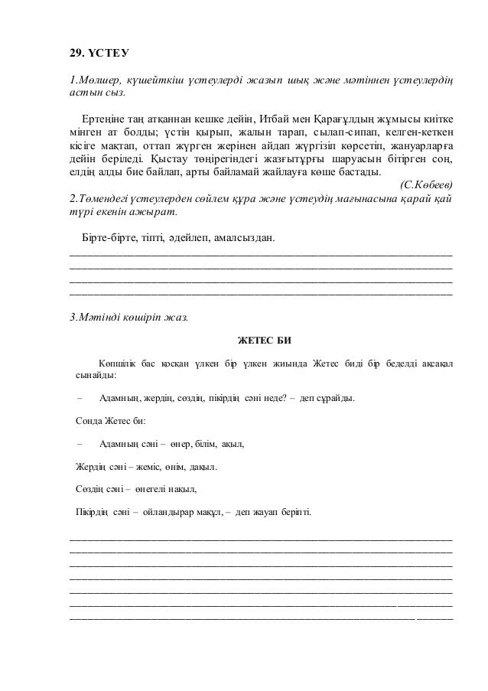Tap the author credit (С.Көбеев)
426,184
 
